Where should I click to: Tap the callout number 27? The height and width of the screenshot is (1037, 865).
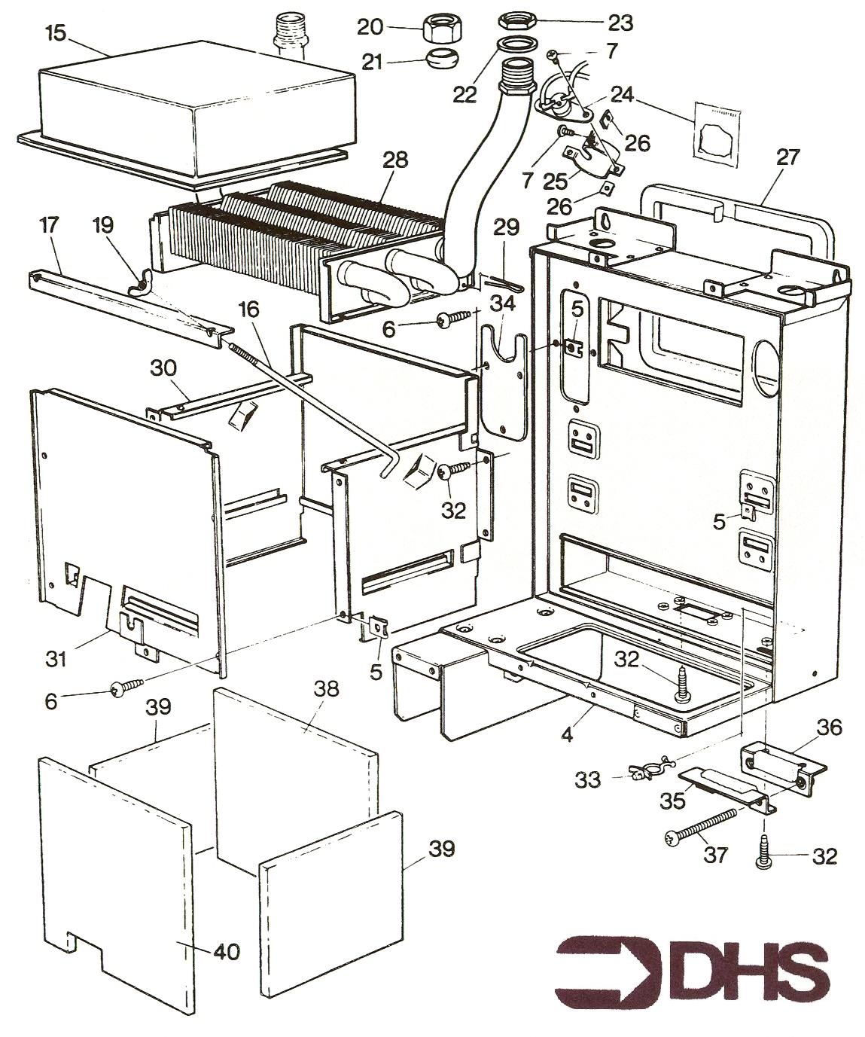788,157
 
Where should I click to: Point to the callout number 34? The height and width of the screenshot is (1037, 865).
504,304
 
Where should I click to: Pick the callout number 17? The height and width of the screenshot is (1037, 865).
48,225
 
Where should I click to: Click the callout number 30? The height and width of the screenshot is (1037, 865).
163,369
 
